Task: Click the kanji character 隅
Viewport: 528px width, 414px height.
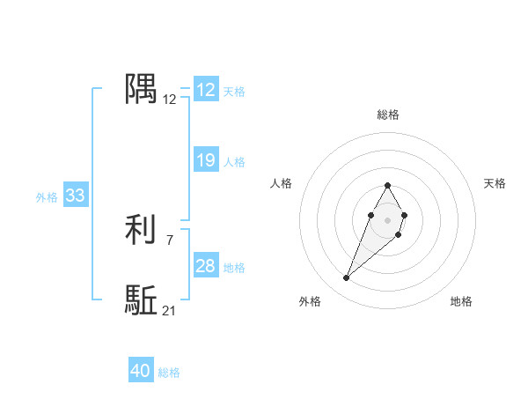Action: [x=142, y=89]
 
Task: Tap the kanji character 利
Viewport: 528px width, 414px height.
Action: [x=142, y=230]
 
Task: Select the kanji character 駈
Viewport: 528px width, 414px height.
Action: [x=142, y=300]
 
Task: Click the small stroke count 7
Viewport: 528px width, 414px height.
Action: [x=170, y=240]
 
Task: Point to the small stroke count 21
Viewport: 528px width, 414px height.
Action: [x=170, y=310]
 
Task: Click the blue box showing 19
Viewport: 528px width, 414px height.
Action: [x=206, y=160]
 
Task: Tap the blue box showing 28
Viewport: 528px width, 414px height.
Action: [x=206, y=266]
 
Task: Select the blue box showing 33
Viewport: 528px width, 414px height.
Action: [x=76, y=196]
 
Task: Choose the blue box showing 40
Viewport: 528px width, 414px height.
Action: [x=141, y=371]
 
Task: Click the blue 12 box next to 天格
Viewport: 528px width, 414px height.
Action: [x=206, y=90]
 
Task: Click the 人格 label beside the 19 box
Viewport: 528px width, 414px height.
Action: [x=234, y=162]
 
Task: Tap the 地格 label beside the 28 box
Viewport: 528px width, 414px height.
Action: [x=234, y=268]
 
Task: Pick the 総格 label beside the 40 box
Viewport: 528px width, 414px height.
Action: [x=169, y=373]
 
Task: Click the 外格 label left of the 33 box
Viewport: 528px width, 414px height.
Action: [x=47, y=197]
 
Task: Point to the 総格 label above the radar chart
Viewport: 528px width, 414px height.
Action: [x=388, y=115]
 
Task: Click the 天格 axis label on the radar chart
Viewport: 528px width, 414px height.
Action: [x=495, y=183]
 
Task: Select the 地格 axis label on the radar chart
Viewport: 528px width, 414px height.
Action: [x=461, y=301]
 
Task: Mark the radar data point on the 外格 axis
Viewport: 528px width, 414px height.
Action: [x=346, y=278]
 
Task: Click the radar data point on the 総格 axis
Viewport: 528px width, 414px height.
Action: [x=387, y=185]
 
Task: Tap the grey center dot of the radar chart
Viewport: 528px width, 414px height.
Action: [x=387, y=219]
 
